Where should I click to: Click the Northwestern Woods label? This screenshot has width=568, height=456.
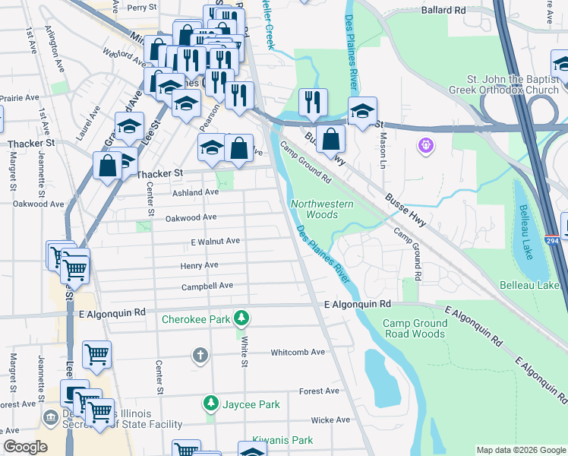[x=322, y=209]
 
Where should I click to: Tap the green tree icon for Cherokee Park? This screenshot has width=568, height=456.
[x=241, y=317]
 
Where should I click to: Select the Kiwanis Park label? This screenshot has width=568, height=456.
[x=286, y=440]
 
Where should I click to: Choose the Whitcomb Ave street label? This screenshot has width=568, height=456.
[x=298, y=352]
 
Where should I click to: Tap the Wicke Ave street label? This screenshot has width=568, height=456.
[x=330, y=420]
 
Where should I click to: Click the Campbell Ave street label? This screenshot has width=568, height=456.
[x=207, y=287]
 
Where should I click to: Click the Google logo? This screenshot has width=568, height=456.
[x=25, y=447]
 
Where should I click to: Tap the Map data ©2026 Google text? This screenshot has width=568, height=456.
[x=520, y=450]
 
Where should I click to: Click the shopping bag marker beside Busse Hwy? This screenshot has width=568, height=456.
[x=331, y=139]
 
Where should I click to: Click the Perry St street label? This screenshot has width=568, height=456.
[x=141, y=8]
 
